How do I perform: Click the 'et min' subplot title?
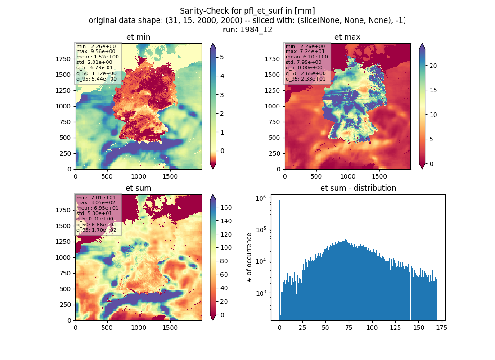pyautogui.click(x=138, y=37)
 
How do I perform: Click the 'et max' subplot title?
pyautogui.click(x=347, y=37)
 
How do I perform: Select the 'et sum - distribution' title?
pyautogui.click(x=358, y=188)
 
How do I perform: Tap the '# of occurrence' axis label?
pyautogui.click(x=249, y=258)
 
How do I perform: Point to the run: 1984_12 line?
pyautogui.click(x=247, y=30)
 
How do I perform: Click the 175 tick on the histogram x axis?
pyautogui.click(x=441, y=328)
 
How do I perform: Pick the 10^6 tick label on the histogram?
pyautogui.click(x=261, y=198)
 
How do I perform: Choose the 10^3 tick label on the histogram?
pyautogui.click(x=261, y=293)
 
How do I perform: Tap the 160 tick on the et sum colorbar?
pyautogui.click(x=226, y=207)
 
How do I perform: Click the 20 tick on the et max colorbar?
pyautogui.click(x=433, y=66)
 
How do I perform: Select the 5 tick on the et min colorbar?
pyautogui.click(x=222, y=57)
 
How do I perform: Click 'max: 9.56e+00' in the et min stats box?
pyautogui.click(x=96, y=51)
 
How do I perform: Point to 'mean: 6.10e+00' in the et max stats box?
pyautogui.click(x=306, y=57)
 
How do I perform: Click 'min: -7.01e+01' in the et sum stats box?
pyautogui.click(x=96, y=198)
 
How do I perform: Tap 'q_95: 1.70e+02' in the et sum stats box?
pyautogui.click(x=96, y=230)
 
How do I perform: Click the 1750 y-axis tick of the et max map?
pyautogui.click(x=272, y=59)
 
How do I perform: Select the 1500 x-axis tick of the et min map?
pyautogui.click(x=170, y=176)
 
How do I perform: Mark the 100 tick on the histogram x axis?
pyautogui.click(x=372, y=328)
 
